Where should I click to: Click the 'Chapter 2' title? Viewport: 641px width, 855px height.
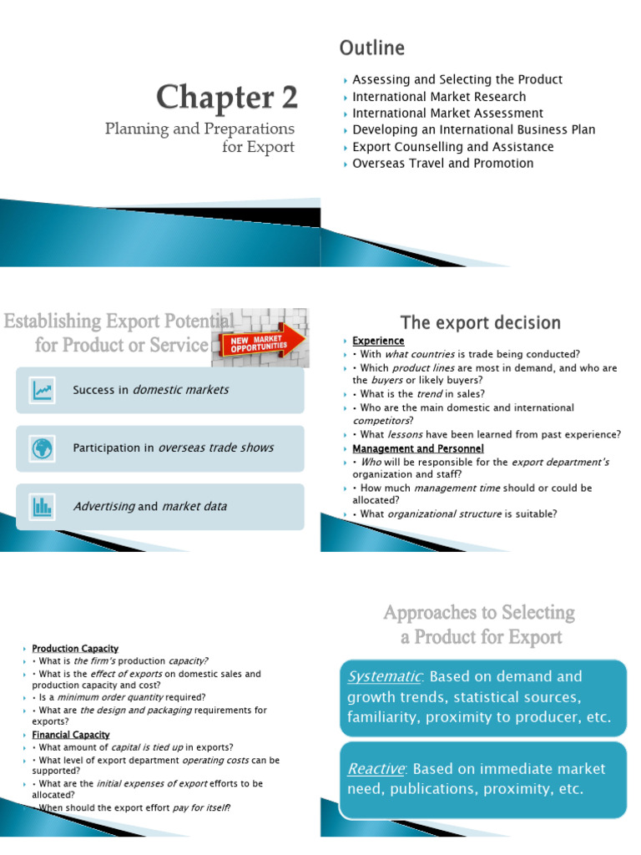(x=227, y=97)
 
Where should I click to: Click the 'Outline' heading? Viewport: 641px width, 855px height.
(x=372, y=48)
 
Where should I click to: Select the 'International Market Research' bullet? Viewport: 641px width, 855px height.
(x=439, y=97)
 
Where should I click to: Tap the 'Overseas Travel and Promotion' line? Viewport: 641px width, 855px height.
(x=442, y=163)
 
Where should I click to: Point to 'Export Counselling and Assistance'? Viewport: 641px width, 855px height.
(x=453, y=147)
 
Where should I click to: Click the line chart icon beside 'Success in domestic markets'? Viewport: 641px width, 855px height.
(x=43, y=390)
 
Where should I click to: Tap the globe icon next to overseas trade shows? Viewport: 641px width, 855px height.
(x=43, y=448)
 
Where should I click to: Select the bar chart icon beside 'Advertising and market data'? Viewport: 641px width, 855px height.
(x=43, y=507)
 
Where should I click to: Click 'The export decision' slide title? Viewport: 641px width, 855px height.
(x=480, y=322)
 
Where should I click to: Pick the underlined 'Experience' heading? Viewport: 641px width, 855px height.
(x=378, y=341)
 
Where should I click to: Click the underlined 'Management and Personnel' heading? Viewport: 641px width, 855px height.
(x=418, y=448)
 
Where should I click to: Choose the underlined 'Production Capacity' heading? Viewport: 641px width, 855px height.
(x=75, y=648)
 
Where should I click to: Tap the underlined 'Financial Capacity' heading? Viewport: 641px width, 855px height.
(x=71, y=735)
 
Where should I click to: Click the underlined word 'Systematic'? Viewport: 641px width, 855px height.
(x=385, y=676)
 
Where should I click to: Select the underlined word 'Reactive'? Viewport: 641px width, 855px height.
(x=376, y=769)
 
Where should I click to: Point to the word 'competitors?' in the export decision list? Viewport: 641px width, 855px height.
(x=383, y=421)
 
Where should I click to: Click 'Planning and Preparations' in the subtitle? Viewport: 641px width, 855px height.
(x=199, y=129)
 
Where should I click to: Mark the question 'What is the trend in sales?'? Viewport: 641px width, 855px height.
(x=422, y=394)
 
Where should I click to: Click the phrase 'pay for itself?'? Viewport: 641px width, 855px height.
(x=201, y=807)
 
